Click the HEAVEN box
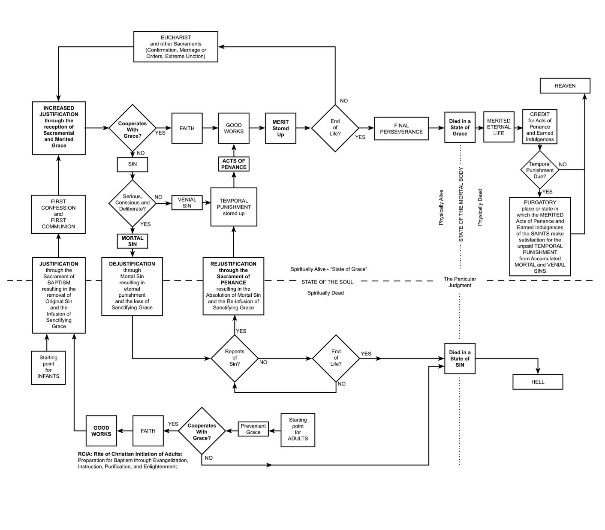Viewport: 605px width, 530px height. [x=565, y=86]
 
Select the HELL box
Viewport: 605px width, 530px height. [x=538, y=382]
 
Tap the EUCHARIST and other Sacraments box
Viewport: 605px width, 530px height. [x=175, y=47]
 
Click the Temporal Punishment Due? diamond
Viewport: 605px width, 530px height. [x=540, y=170]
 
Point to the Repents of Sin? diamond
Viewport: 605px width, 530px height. [x=235, y=358]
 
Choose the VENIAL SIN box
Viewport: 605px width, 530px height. [x=187, y=203]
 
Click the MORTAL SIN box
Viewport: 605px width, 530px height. [x=132, y=241]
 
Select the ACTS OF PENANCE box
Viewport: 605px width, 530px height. [x=234, y=164]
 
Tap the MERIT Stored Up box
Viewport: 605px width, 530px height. [x=280, y=128]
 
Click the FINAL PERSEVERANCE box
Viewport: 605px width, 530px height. [x=401, y=129]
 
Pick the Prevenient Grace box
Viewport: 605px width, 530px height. [x=253, y=429]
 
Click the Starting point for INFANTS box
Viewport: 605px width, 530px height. [x=48, y=367]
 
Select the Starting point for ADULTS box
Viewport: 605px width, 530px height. [x=298, y=430]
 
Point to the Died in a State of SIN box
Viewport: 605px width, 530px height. [x=460, y=359]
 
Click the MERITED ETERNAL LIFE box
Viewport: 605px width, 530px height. [x=499, y=127]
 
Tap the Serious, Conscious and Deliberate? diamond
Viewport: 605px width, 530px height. [x=132, y=203]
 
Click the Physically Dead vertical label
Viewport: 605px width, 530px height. [x=480, y=208]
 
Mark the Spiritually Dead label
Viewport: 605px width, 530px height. [x=325, y=293]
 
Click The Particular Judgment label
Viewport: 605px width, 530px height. [x=460, y=282]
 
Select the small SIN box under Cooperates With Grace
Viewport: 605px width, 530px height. [x=132, y=164]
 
